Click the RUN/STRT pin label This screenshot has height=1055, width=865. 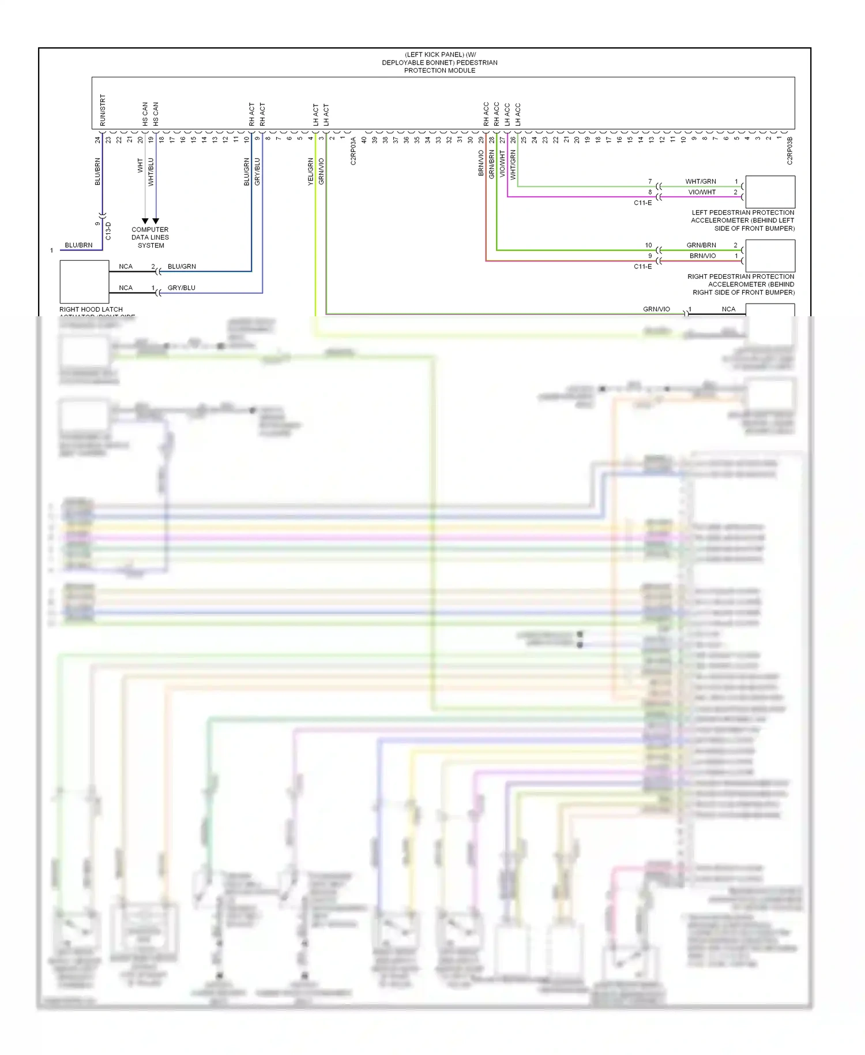103,110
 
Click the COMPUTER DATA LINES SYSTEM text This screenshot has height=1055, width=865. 150,237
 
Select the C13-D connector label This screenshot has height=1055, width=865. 108,231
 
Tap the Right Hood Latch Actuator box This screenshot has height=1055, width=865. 84,282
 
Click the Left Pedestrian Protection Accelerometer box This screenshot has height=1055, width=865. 770,192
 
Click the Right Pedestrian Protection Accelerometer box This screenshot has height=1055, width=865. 770,256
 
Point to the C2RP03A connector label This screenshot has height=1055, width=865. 353,151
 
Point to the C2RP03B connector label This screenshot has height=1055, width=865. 789,151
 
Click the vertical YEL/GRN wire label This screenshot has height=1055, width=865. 310,171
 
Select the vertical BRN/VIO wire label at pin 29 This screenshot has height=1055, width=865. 480,163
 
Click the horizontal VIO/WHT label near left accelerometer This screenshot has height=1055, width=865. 702,192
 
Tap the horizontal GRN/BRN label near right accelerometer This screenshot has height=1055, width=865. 701,245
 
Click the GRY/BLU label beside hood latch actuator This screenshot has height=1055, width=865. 181,288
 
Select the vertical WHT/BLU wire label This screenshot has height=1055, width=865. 151,171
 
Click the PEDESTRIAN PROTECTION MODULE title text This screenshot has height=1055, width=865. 439,62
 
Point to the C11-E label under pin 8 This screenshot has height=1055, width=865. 642,203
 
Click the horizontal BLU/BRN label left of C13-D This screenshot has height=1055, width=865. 78,245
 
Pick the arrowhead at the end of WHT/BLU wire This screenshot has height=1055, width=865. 156,221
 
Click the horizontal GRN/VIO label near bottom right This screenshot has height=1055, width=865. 656,309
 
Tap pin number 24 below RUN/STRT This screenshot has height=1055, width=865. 98,139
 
